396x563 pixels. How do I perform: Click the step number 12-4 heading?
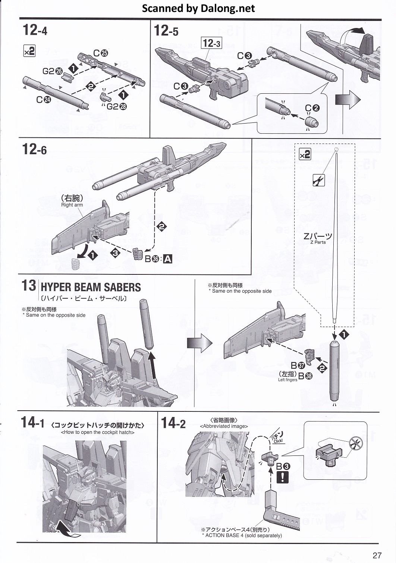tap(35, 30)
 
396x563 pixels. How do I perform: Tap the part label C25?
tap(101, 53)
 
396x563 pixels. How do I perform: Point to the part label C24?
tap(44, 99)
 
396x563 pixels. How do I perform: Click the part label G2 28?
tap(116, 106)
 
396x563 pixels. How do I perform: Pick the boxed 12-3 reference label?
tap(211, 43)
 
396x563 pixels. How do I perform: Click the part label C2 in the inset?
tap(312, 108)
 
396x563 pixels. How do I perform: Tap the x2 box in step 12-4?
tap(29, 51)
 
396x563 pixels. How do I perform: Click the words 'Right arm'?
tap(72, 205)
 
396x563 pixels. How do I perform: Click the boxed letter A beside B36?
tap(168, 259)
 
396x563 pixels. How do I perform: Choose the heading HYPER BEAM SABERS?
tap(91, 287)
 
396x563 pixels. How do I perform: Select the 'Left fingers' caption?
tap(287, 380)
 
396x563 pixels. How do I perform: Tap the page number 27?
tap(377, 555)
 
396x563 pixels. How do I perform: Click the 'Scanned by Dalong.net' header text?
tap(198, 8)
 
